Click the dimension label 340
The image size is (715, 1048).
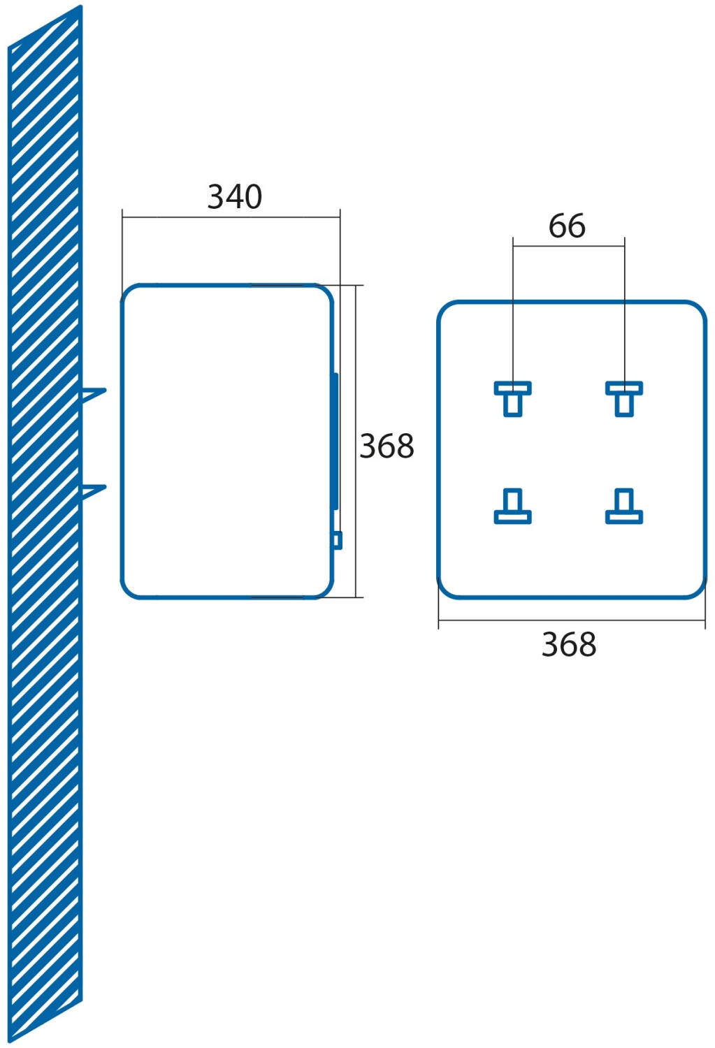[x=235, y=197]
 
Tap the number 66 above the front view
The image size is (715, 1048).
[x=567, y=226]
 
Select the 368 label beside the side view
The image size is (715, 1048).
[x=387, y=446]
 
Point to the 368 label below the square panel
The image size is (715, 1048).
[x=569, y=645]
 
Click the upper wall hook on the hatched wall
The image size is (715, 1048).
[x=94, y=394]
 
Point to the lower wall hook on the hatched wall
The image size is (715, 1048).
[x=94, y=490]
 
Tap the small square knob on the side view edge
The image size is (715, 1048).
[x=338, y=540]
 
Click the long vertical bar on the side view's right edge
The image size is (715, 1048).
[x=335, y=441]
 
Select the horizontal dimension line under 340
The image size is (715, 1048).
[x=231, y=217]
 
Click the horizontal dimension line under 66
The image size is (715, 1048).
[x=568, y=246]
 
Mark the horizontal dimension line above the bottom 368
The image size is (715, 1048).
[x=572, y=620]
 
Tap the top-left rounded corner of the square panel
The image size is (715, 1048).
[x=447, y=311]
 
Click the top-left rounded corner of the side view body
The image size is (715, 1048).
[x=130, y=293]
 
